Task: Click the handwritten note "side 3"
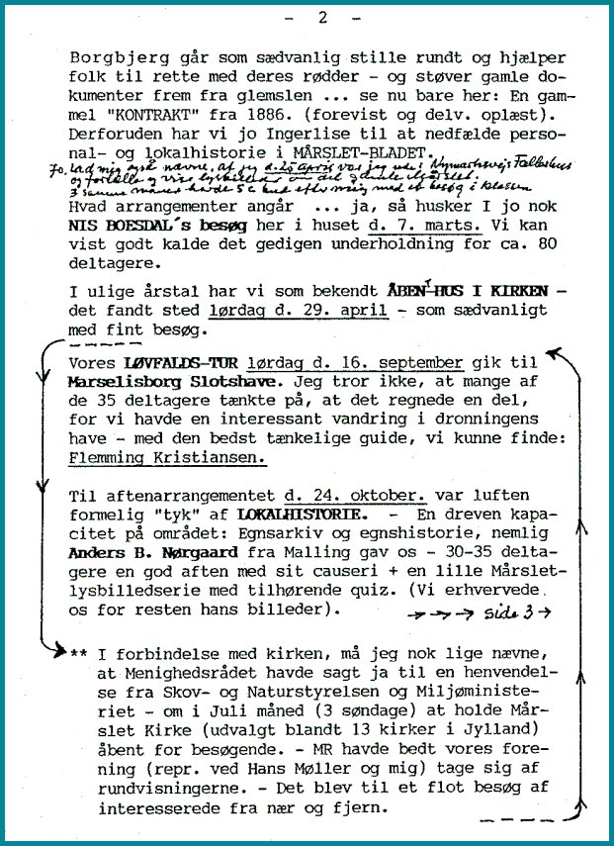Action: pos(525,613)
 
